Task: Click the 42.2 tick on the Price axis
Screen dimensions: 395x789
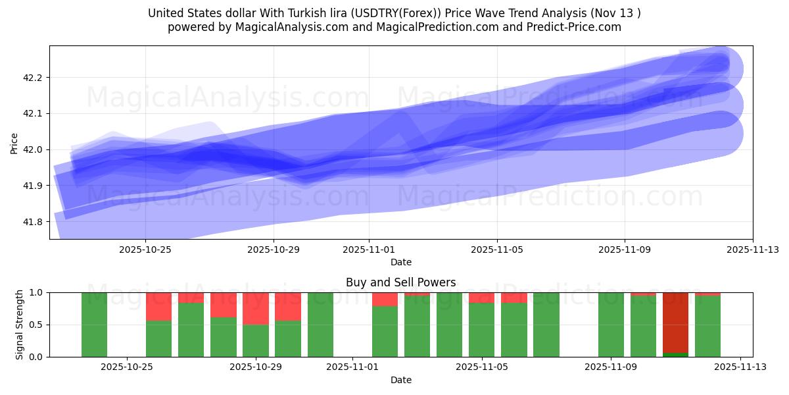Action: tap(32, 78)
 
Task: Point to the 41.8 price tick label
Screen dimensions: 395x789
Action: tap(32, 222)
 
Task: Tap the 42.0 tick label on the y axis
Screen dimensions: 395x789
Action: tap(32, 149)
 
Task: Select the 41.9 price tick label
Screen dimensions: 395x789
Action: tap(32, 186)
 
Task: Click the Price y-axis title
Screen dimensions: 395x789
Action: tap(14, 142)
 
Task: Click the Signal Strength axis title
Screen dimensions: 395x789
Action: tap(20, 325)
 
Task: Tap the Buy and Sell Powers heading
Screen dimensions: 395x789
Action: tap(400, 282)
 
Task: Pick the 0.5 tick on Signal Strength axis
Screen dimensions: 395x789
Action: tap(36, 325)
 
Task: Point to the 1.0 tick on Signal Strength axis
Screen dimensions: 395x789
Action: tap(36, 292)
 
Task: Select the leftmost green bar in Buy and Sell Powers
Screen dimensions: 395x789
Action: tap(94, 325)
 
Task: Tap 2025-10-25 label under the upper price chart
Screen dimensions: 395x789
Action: tap(145, 250)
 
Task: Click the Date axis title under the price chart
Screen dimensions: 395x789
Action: tap(400, 262)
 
